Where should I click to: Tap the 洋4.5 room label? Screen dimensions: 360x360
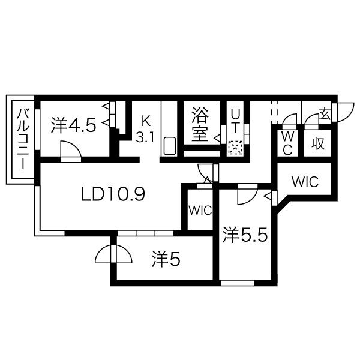click(73, 125)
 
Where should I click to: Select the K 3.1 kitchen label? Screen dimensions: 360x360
click(146, 128)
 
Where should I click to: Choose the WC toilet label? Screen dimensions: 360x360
click(287, 143)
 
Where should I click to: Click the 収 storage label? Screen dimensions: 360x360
click(317, 143)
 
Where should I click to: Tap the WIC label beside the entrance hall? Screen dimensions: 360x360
click(305, 182)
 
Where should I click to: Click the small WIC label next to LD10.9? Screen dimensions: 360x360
click(199, 210)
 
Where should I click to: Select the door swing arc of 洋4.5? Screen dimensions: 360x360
click(70, 149)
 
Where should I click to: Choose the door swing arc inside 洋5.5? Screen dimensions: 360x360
click(246, 197)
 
